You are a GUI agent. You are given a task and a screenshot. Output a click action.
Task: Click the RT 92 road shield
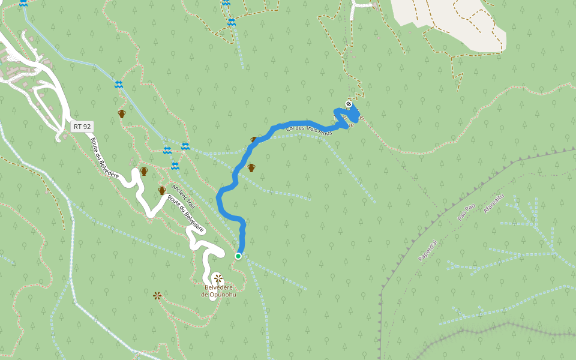81,127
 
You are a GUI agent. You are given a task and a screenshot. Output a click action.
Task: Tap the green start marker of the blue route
238,256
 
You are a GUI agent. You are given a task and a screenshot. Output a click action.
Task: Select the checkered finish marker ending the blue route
349,104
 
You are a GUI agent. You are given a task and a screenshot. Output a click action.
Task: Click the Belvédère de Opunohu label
218,291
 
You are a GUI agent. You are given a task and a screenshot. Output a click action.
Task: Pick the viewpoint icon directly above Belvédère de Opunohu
218,278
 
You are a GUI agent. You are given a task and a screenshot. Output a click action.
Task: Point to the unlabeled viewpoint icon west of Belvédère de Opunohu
157,295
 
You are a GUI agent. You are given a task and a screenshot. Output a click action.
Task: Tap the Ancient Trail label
182,193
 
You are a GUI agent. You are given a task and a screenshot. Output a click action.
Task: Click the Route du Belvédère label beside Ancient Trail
186,214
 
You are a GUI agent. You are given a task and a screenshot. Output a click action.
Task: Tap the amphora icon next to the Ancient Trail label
162,191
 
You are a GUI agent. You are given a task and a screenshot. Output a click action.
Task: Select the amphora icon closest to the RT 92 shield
122,113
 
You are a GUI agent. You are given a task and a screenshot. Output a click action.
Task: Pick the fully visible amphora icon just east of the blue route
251,167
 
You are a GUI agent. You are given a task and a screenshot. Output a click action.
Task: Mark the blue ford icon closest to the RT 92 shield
119,85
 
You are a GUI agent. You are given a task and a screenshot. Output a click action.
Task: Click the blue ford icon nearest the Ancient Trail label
175,166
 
